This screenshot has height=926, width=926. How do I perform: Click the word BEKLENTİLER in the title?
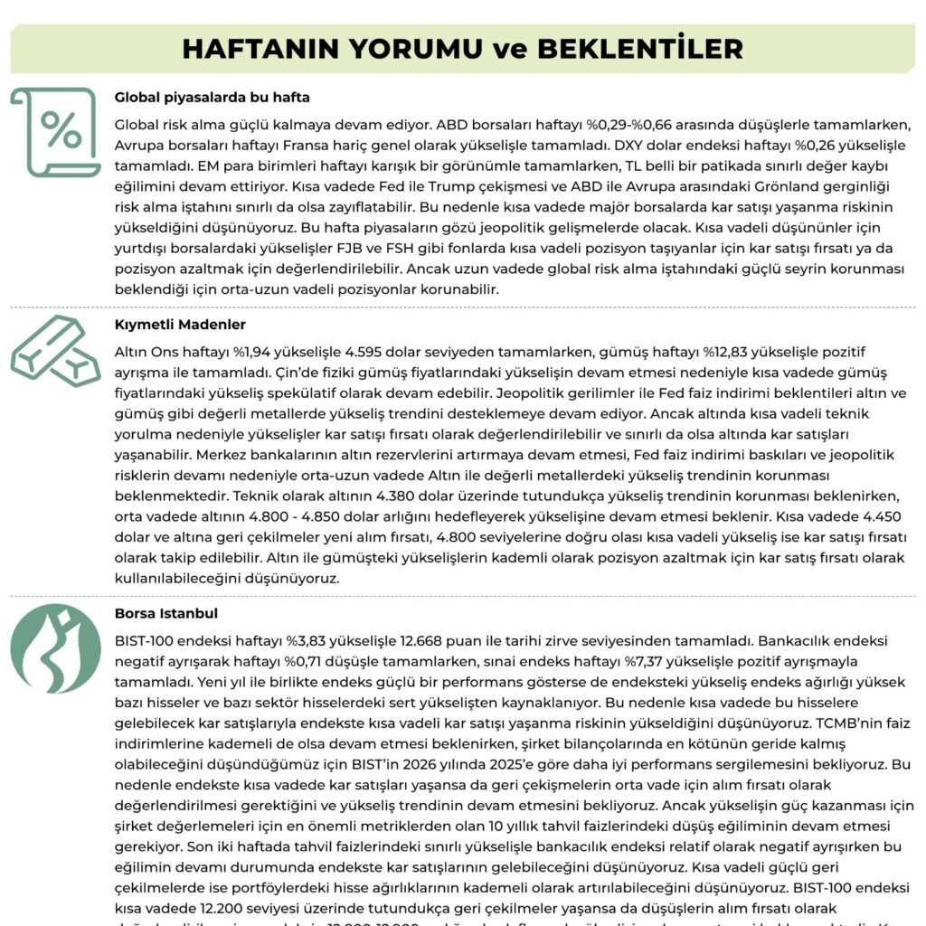click(x=640, y=48)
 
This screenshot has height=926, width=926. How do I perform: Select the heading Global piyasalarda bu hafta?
click(x=213, y=97)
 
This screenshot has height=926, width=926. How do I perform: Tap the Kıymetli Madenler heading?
click(x=180, y=324)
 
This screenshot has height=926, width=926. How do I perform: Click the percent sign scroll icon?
click(x=56, y=132)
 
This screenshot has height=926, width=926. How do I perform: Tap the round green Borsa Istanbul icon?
click(x=56, y=648)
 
